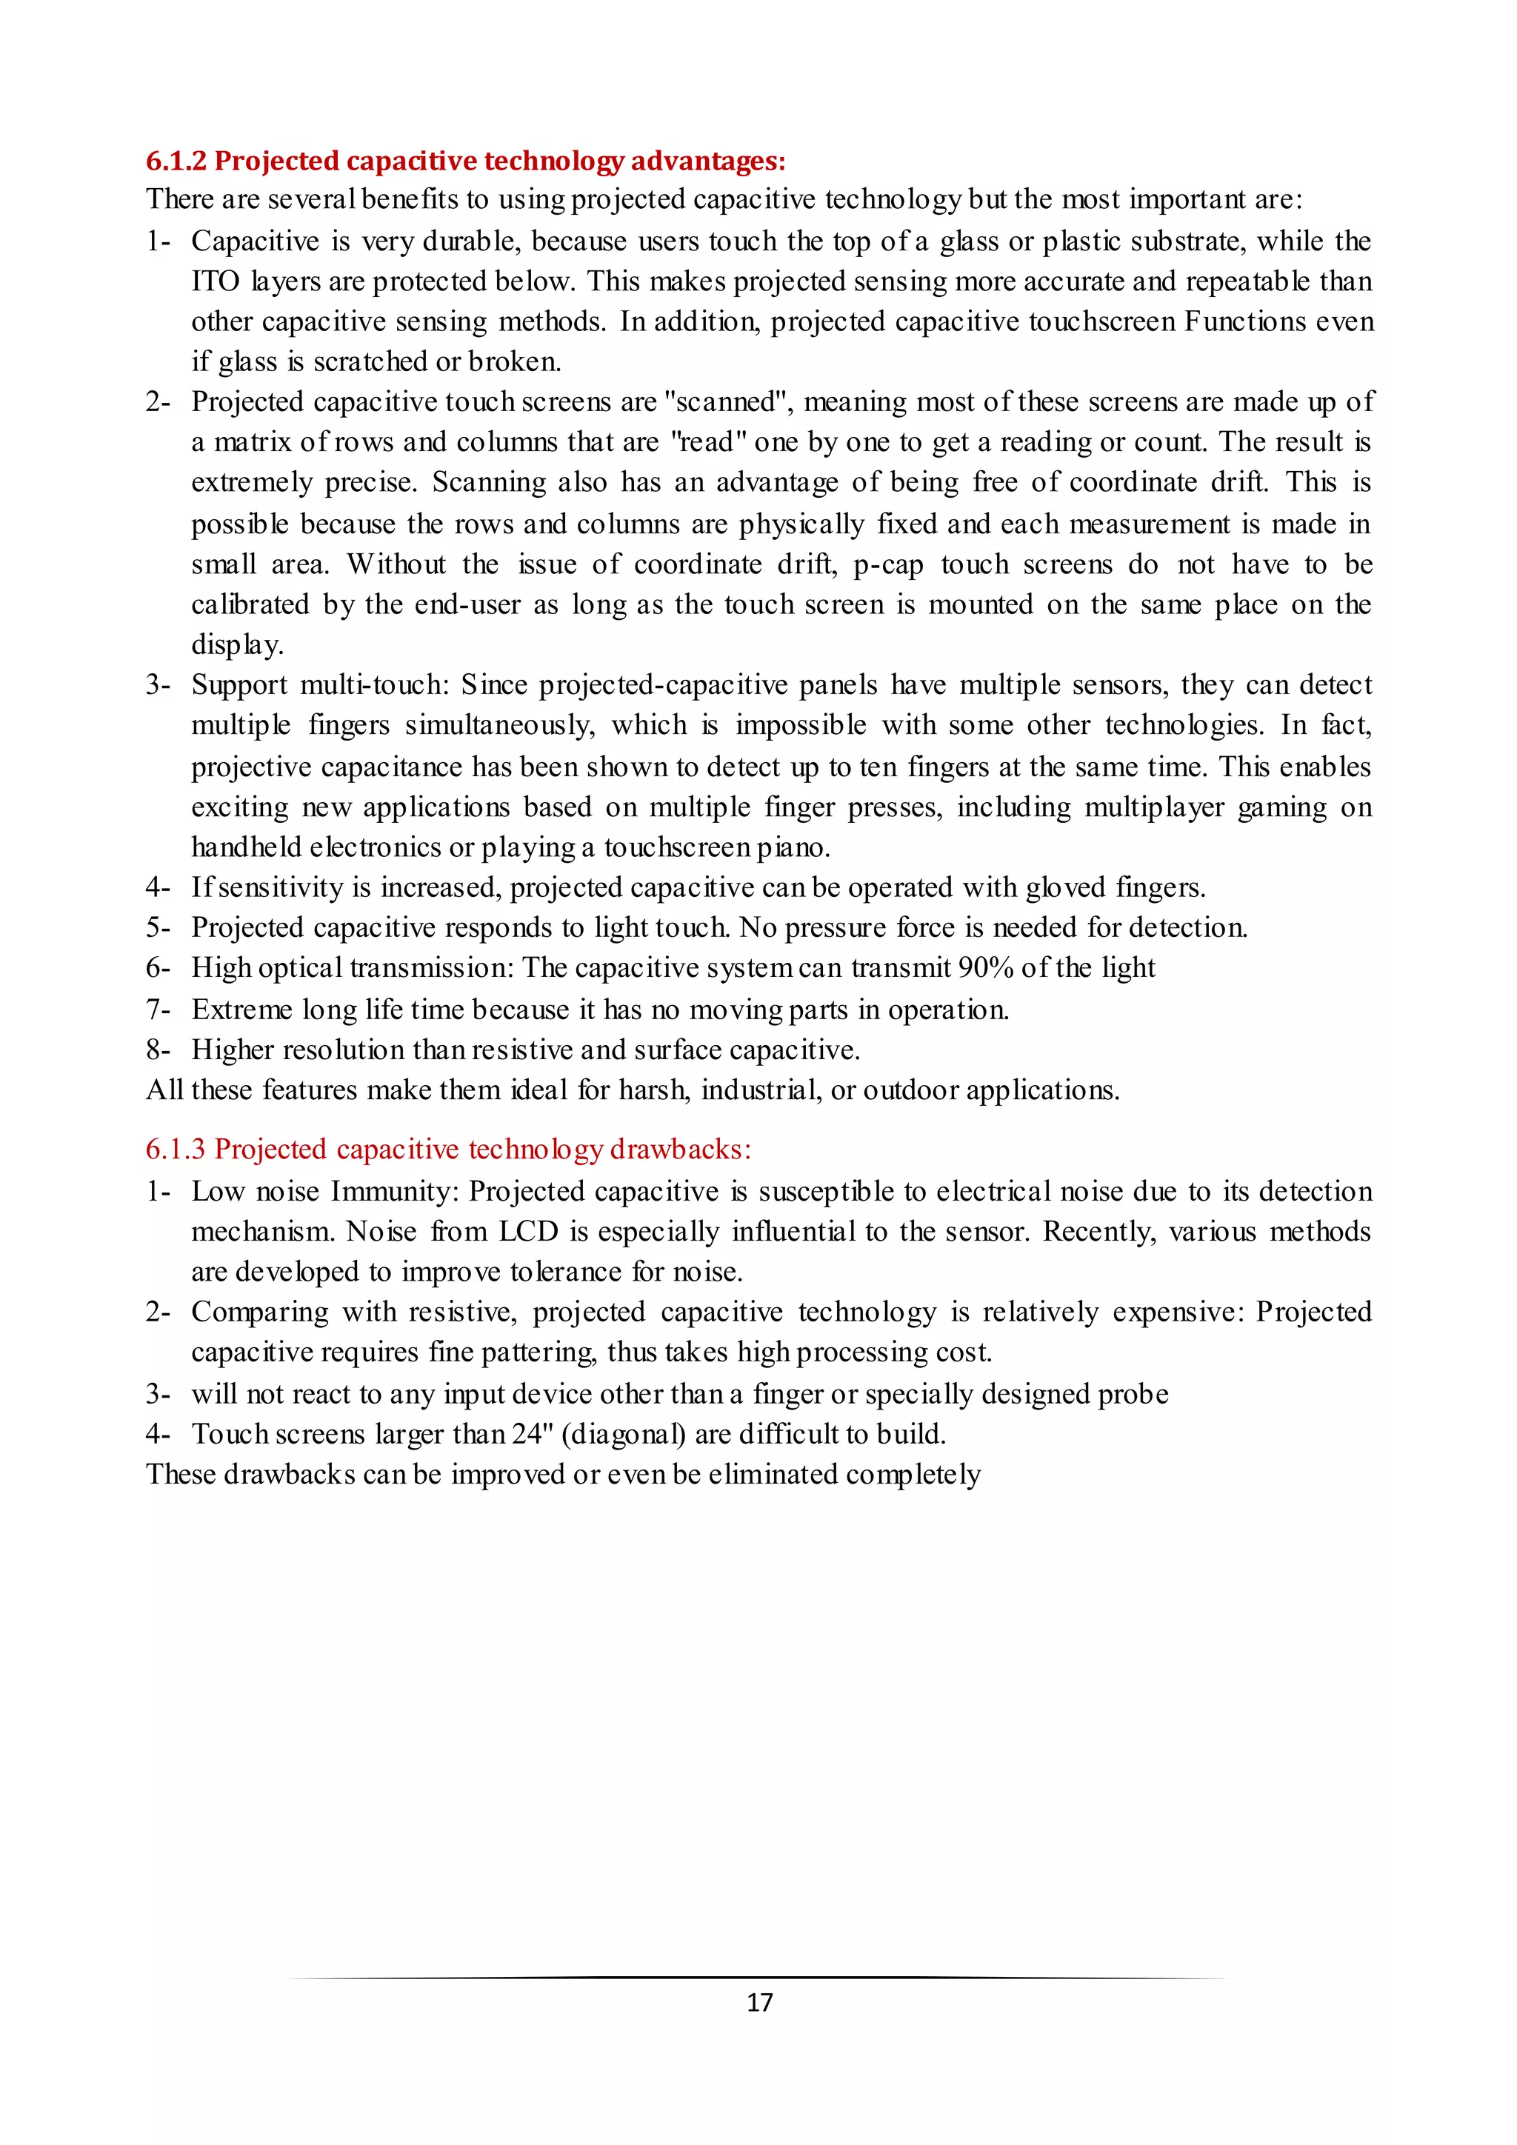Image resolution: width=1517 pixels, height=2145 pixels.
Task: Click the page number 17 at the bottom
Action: click(x=759, y=2002)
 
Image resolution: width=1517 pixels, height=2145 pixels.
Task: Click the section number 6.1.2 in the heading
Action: click(x=176, y=161)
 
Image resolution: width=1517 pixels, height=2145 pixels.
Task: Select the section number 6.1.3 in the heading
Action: click(x=176, y=1149)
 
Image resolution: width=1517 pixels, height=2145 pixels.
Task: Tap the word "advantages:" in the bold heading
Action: click(x=708, y=161)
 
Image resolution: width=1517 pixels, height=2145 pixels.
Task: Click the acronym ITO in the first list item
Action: click(x=216, y=281)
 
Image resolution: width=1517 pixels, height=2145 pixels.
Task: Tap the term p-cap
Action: click(x=888, y=564)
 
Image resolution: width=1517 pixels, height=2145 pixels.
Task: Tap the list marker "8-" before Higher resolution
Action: click(x=158, y=1050)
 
